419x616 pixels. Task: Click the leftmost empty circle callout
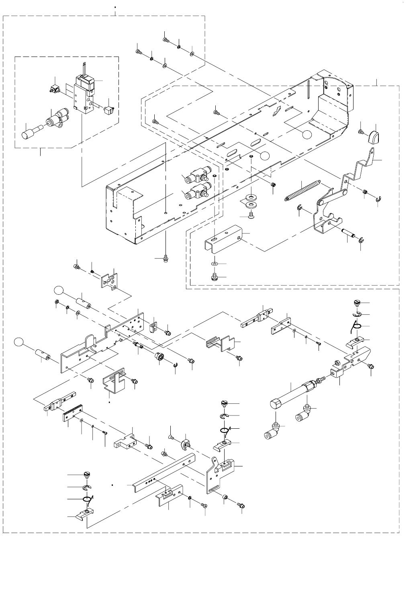[18, 342]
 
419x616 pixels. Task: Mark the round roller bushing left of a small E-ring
[160, 357]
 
